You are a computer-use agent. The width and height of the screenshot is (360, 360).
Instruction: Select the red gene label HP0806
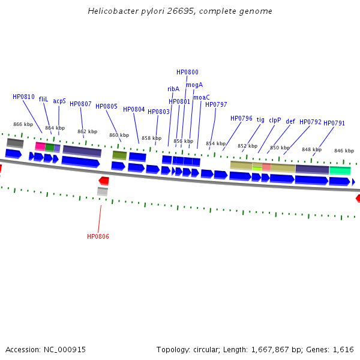click(98, 236)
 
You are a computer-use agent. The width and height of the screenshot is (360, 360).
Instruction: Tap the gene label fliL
click(43, 99)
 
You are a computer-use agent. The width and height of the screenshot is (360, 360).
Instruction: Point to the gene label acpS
click(59, 101)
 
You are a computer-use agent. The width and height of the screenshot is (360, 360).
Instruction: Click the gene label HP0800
click(187, 72)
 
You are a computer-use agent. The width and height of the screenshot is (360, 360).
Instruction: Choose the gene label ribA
click(173, 89)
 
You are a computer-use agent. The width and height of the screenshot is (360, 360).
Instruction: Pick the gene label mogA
click(194, 85)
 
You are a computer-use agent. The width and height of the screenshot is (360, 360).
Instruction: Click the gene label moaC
click(202, 97)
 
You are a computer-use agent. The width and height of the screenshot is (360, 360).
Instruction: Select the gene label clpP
click(275, 120)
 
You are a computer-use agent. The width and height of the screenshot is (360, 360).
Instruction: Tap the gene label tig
click(260, 120)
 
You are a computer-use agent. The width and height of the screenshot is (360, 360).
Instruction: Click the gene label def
click(290, 121)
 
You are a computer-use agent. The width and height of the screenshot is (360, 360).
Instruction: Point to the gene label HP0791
click(334, 123)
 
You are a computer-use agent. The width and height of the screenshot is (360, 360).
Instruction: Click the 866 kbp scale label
click(23, 124)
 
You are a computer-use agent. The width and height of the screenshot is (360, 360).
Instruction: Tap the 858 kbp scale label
click(151, 138)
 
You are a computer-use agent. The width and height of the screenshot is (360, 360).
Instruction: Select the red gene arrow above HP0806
click(104, 181)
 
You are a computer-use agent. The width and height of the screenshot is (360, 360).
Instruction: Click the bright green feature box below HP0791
click(340, 171)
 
